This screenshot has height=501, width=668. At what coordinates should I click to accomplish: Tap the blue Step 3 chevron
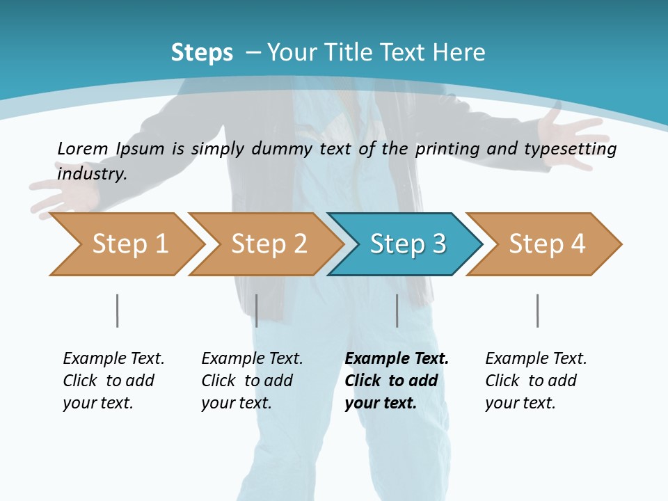click(407, 244)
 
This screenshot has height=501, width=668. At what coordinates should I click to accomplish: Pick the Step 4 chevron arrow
click(546, 244)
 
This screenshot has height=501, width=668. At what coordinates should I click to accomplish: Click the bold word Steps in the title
click(202, 53)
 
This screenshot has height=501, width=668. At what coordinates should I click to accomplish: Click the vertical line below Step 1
click(118, 310)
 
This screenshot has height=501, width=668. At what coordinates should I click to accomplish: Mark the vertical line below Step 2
click(257, 310)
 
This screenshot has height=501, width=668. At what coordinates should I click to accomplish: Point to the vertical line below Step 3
click(397, 310)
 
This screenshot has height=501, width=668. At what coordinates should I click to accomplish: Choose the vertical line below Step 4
click(538, 310)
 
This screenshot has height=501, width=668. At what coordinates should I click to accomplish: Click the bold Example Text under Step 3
click(397, 359)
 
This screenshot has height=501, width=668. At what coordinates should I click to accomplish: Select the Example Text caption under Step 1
click(113, 359)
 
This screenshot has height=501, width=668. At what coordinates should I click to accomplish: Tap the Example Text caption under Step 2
click(252, 359)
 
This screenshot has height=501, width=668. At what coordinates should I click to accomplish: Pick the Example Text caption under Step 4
click(536, 359)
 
